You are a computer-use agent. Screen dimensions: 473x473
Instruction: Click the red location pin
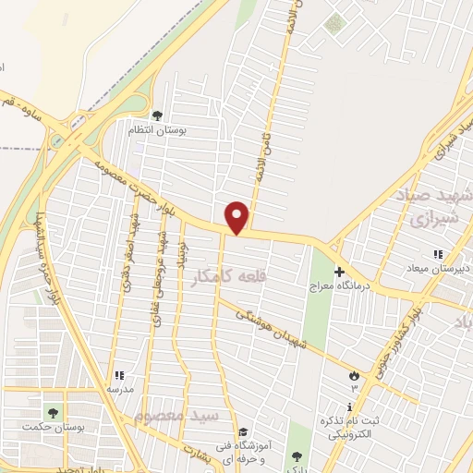[237, 217]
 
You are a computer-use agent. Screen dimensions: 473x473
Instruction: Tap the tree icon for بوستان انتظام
[157, 115]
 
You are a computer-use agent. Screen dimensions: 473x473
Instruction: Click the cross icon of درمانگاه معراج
[339, 272]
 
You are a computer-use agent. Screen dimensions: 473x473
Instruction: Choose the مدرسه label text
[120, 389]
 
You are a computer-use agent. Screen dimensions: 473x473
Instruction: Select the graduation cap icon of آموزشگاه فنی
[242, 431]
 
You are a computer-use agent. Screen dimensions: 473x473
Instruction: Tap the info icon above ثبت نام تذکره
[350, 406]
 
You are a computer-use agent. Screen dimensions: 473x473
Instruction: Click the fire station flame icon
[353, 375]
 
